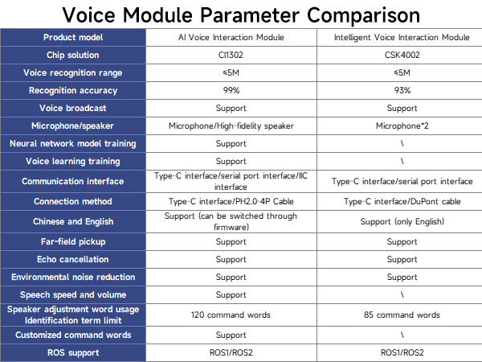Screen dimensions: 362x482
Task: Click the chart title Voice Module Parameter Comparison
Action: pos(241,14)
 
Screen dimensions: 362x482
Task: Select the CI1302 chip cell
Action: pos(231,56)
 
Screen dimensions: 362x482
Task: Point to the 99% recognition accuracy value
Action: pos(231,91)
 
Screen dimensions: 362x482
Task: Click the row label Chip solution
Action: pos(72,56)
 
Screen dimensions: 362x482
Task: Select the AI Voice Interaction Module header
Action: pos(231,38)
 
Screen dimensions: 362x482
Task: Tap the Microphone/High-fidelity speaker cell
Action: pos(231,126)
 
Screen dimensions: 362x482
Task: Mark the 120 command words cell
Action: pos(231,315)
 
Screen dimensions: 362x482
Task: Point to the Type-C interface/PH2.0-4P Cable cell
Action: pos(231,202)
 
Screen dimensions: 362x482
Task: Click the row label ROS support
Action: pos(72,352)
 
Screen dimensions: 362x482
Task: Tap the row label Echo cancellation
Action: pos(72,259)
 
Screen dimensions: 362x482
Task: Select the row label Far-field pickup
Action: pos(72,241)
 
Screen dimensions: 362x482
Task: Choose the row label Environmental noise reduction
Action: pos(72,277)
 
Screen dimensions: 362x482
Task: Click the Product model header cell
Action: pos(72,38)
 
